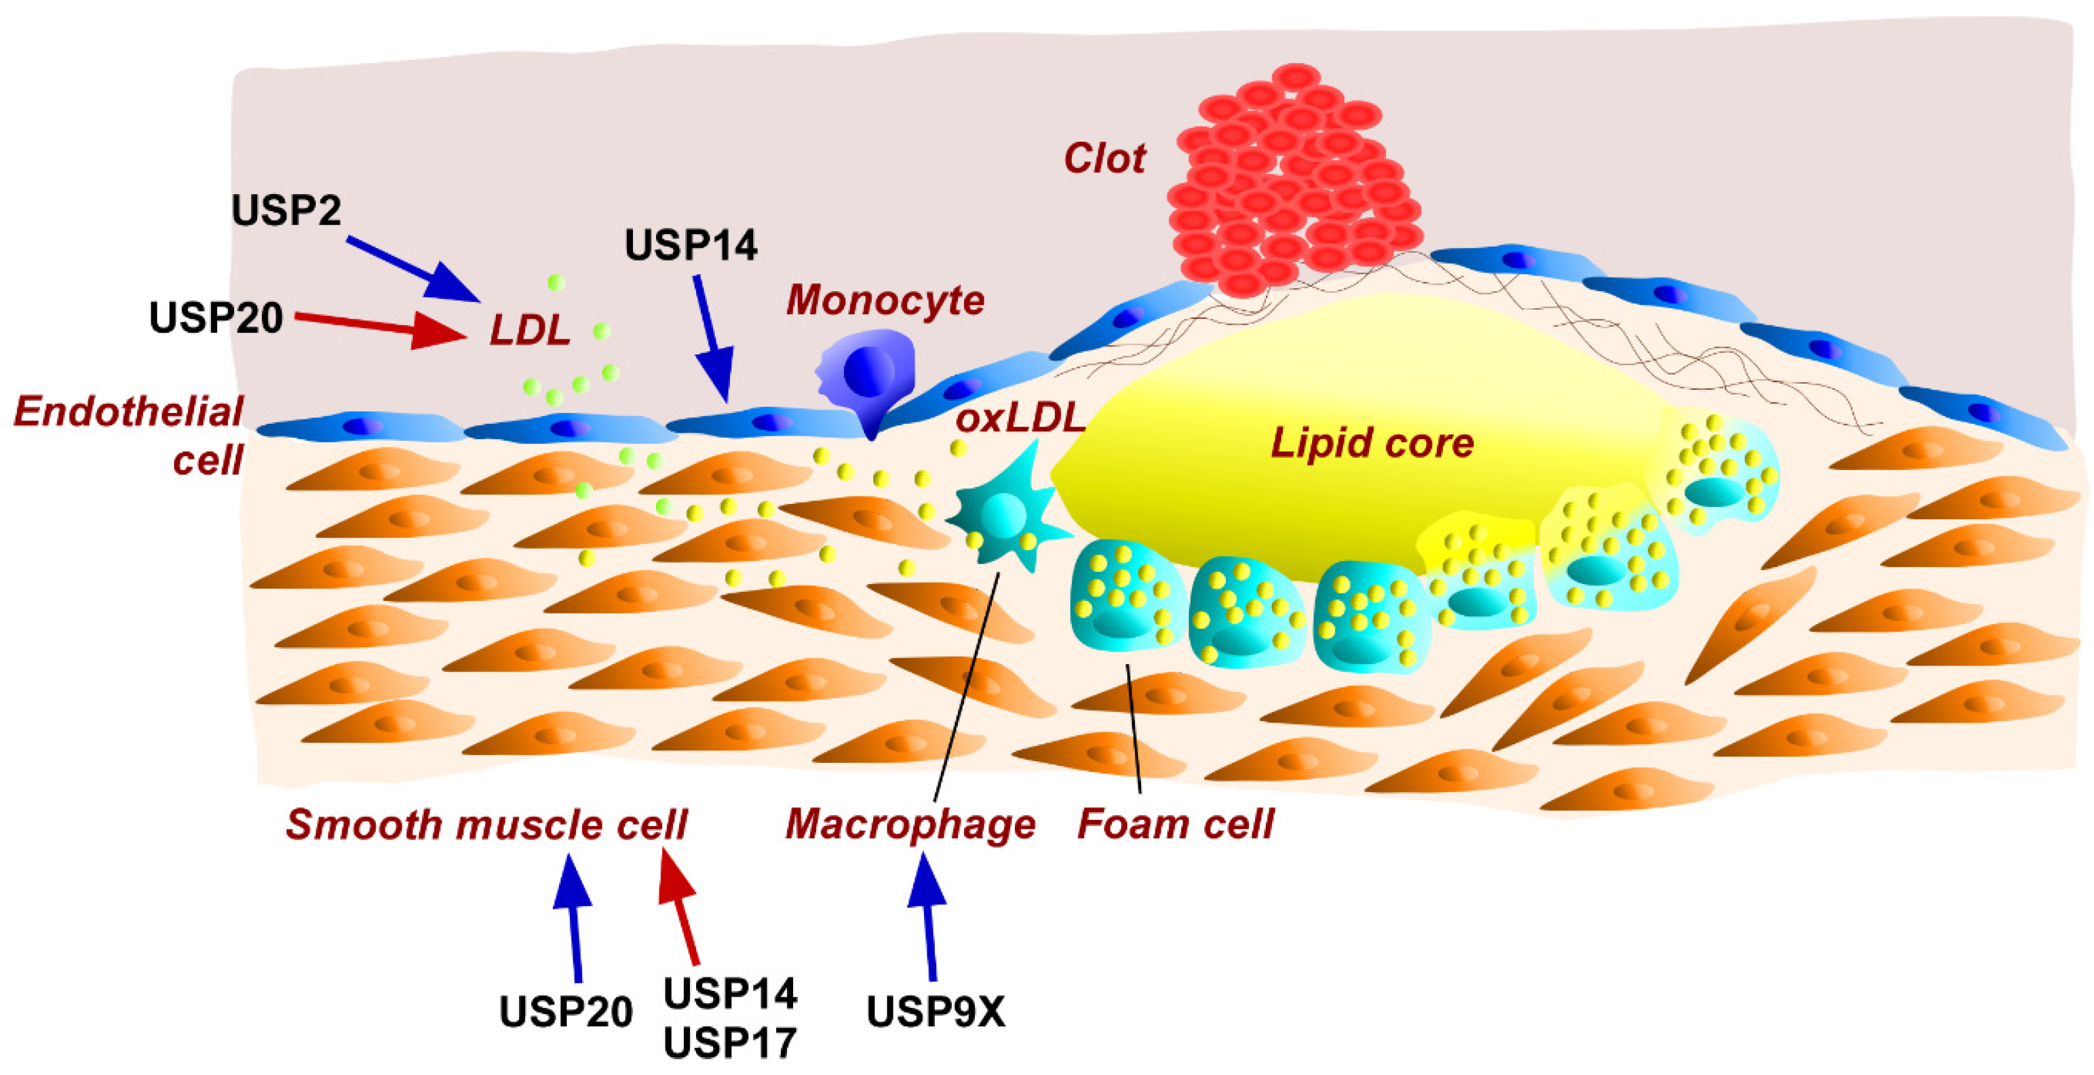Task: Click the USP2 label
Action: tap(286, 210)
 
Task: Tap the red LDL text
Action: tap(529, 331)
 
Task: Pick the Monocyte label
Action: tap(885, 300)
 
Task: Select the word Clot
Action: tap(1104, 158)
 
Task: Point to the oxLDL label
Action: tap(1020, 419)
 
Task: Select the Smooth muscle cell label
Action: tap(486, 824)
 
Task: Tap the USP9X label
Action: tap(936, 1012)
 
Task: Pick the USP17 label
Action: tap(730, 1043)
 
